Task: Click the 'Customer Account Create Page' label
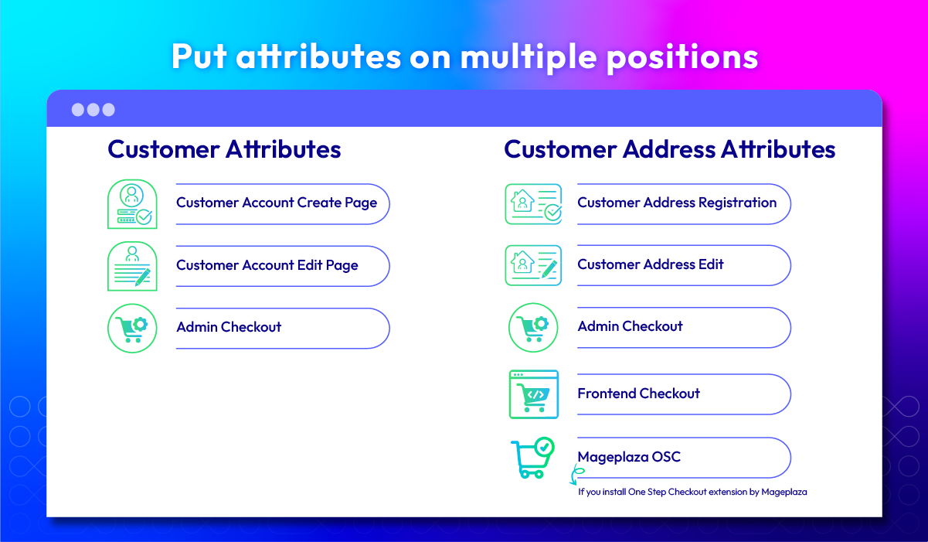[277, 203]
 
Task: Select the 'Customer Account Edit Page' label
[267, 265]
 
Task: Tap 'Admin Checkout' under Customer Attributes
[229, 327]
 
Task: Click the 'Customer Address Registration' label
[677, 203]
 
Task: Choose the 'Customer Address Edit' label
[651, 264]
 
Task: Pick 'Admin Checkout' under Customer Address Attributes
[631, 326]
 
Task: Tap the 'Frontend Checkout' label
[638, 393]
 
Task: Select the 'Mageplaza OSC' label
[629, 457]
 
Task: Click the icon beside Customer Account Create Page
[132, 204]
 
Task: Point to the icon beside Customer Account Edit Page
[132, 266]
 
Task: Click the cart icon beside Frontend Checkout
[534, 394]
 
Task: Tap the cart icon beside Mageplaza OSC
[533, 458]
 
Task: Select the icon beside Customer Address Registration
[533, 204]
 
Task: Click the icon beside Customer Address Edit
[533, 265]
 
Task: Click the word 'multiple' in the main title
[529, 57]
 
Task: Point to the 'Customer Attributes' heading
[224, 149]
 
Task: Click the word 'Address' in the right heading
[668, 149]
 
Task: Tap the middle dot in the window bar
[93, 110]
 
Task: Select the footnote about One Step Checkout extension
[692, 492]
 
